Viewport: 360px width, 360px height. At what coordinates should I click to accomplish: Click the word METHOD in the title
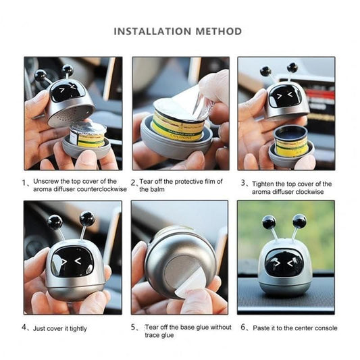[x=217, y=31]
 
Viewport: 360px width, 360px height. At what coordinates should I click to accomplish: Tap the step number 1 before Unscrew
[x=26, y=182]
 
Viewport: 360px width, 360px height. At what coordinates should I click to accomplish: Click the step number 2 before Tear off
[x=133, y=182]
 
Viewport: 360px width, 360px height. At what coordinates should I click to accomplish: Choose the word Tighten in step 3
[x=265, y=183]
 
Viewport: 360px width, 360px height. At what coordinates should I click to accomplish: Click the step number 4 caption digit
[x=24, y=328]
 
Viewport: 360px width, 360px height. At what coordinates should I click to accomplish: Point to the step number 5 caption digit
[x=134, y=328]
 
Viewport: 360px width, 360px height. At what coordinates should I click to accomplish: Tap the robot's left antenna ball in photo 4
[x=55, y=221]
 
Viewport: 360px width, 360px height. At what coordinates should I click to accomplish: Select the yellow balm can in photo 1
[x=88, y=135]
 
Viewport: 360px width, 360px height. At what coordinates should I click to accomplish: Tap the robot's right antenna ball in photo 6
[x=300, y=220]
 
